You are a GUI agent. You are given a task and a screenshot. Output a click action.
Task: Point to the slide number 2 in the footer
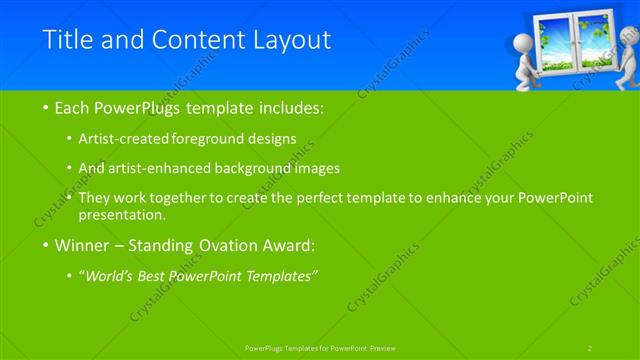point(591,347)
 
